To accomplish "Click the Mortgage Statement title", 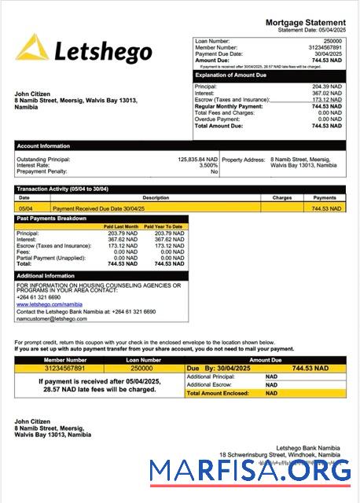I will (x=305, y=22).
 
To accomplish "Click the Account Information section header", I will (x=44, y=145).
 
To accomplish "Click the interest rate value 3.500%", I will (x=208, y=165).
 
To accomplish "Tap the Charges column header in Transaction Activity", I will (x=282, y=198).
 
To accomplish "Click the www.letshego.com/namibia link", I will (x=49, y=304).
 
